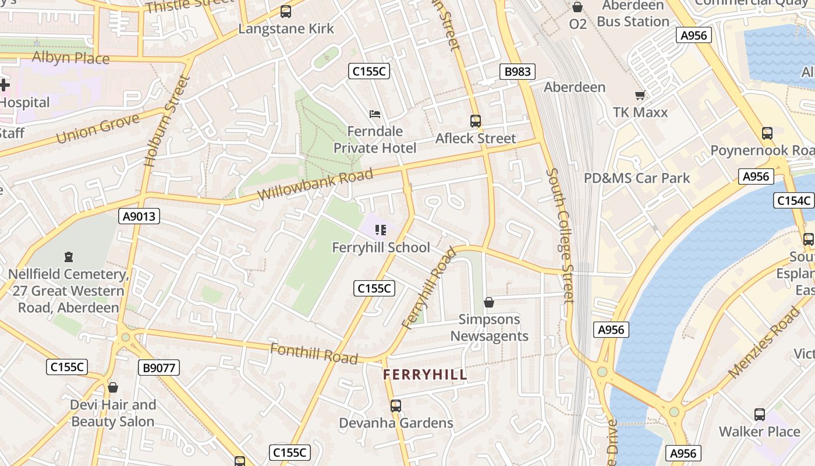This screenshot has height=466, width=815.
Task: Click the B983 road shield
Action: pyautogui.click(x=517, y=72)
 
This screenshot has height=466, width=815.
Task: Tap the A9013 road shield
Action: pyautogui.click(x=139, y=217)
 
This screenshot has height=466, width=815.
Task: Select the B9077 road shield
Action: pyautogui.click(x=159, y=368)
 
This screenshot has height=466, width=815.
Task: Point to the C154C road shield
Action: pyautogui.click(x=794, y=200)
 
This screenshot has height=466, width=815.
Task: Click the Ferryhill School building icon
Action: pyautogui.click(x=381, y=230)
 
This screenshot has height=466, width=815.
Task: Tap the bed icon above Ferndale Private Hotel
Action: pyautogui.click(x=375, y=114)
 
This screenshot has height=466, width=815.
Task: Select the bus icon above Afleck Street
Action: pyautogui.click(x=476, y=121)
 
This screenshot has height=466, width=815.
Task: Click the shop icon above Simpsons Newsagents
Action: pyautogui.click(x=489, y=302)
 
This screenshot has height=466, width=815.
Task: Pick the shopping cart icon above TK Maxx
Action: pyautogui.click(x=640, y=95)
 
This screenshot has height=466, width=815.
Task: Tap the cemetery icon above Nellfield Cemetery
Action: pyautogui.click(x=69, y=256)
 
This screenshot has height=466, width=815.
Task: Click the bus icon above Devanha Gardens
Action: pyautogui.click(x=396, y=405)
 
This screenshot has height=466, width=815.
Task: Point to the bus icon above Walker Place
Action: pyautogui.click(x=759, y=414)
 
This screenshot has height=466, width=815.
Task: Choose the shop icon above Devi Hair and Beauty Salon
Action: pyautogui.click(x=113, y=387)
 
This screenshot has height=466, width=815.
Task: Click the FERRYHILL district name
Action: pyautogui.click(x=425, y=375)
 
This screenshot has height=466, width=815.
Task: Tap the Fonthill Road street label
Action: pyautogui.click(x=314, y=353)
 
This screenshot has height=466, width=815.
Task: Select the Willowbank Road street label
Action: pyautogui.click(x=315, y=185)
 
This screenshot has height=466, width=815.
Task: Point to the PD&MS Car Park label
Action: pyautogui.click(x=637, y=178)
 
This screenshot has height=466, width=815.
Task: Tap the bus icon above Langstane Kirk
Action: pyautogui.click(x=285, y=11)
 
